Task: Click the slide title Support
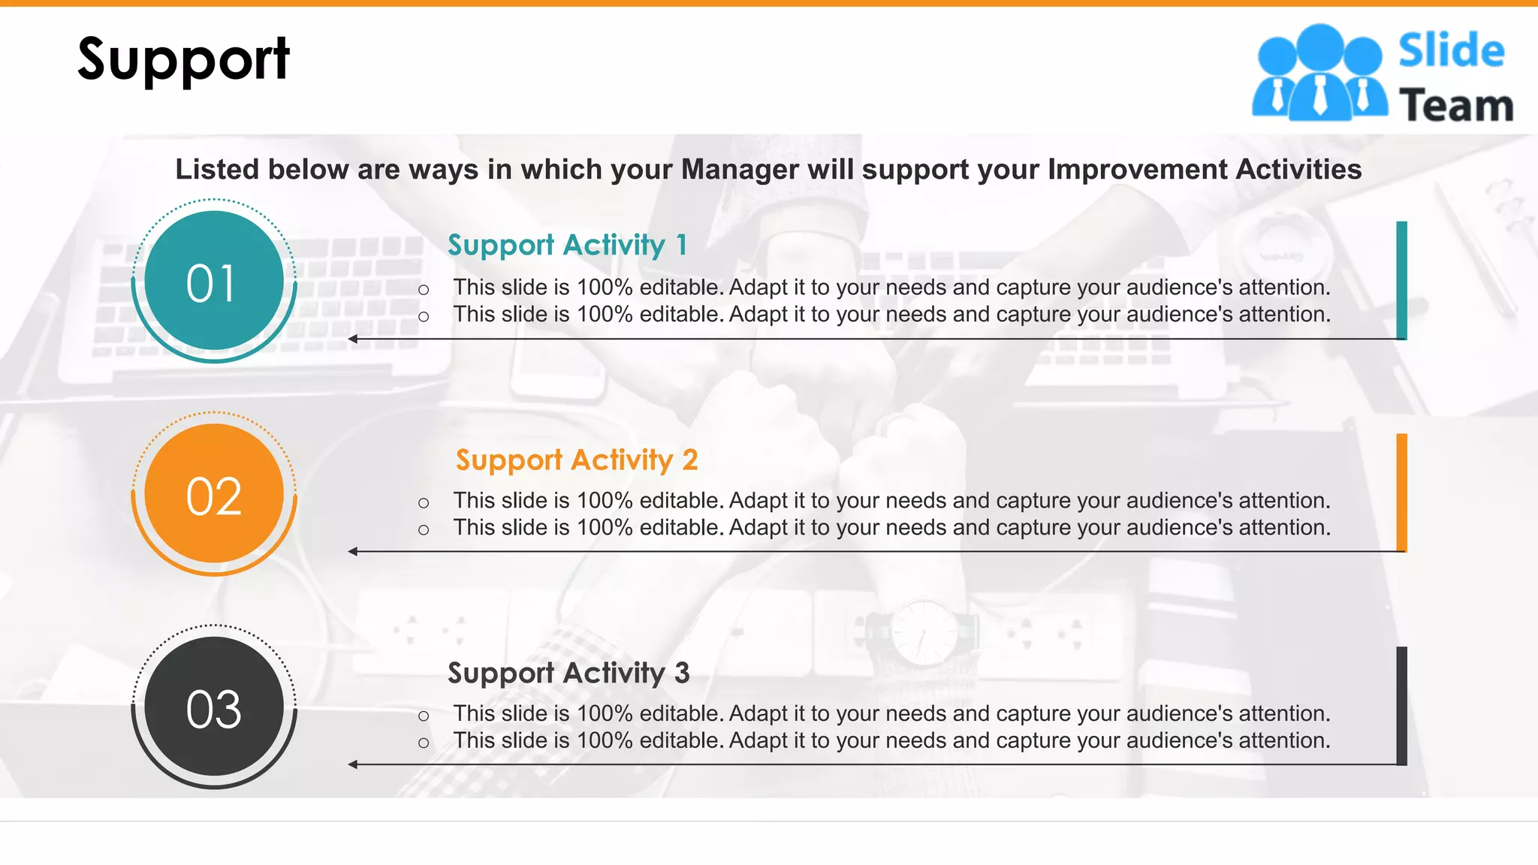pos(183,59)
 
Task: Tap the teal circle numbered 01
pos(214,281)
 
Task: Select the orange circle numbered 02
pos(214,494)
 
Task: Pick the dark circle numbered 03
pos(214,707)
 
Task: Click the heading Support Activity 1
pos(567,245)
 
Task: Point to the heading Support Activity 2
pos(576,460)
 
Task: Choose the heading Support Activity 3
pos(568,673)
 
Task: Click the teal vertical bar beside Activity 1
pos(1401,280)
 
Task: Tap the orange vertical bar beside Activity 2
pos(1401,493)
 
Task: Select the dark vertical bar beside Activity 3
pos(1401,706)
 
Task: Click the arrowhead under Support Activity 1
pos(353,339)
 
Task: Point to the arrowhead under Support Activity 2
pos(353,552)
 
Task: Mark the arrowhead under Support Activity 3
pos(353,764)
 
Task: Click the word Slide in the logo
pos(1451,51)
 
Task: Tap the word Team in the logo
pos(1455,105)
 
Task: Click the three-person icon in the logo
pos(1319,74)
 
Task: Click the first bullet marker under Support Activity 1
pos(424,290)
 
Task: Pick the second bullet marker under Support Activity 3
pos(424,743)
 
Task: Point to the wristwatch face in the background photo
pos(924,632)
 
